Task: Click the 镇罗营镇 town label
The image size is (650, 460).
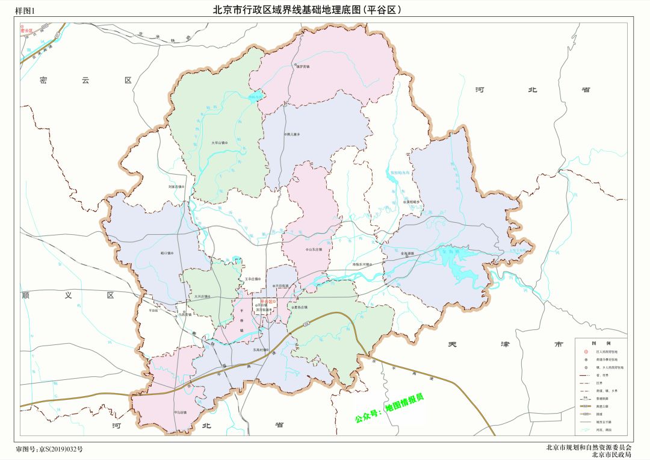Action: [x=302, y=66]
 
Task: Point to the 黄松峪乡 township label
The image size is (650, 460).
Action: [x=411, y=202]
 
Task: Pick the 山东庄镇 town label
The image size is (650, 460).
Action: [x=314, y=249]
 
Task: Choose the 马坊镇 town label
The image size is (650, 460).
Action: [x=181, y=412]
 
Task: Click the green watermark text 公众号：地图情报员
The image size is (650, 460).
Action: [x=389, y=408]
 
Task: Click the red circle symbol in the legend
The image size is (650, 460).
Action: [x=584, y=351]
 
